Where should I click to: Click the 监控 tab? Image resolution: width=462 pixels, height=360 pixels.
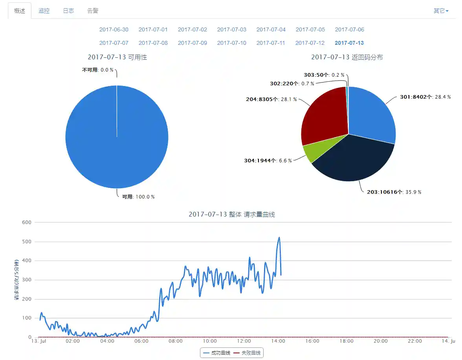pos(44,11)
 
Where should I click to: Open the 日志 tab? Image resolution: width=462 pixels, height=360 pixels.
pos(68,11)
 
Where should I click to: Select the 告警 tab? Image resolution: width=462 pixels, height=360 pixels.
pos(93,11)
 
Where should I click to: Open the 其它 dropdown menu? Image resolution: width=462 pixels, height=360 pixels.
pos(441,11)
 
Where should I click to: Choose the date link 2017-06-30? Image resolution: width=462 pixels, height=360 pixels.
pos(114,29)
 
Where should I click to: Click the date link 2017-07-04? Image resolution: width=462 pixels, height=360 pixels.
pos(271,29)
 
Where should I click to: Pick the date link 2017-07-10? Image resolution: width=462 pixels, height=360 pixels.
pos(231,43)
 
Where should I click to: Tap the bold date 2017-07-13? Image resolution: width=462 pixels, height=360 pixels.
pos(349,43)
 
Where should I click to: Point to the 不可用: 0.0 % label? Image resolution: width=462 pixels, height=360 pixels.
pos(97,70)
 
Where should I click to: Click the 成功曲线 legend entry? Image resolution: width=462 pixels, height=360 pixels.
pos(216,353)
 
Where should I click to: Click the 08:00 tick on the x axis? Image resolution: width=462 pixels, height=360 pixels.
pos(176,341)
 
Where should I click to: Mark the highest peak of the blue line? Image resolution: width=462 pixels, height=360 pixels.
pos(279,237)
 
